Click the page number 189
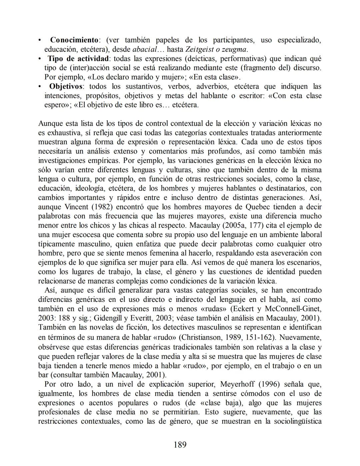[180, 445]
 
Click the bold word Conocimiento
[74, 40]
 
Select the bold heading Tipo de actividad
[78, 59]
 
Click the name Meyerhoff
[238, 384]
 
